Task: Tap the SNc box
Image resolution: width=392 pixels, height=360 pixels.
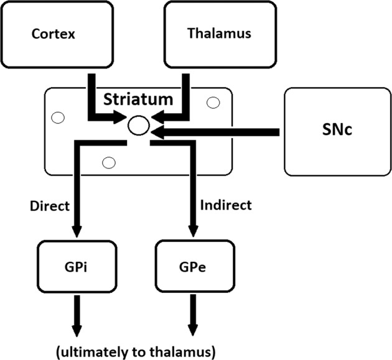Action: coord(337,131)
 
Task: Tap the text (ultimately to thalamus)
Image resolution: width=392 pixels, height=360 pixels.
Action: coord(136,351)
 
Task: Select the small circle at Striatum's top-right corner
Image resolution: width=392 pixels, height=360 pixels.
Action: coord(213,102)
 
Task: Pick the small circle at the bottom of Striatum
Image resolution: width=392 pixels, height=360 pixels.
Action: coord(109,164)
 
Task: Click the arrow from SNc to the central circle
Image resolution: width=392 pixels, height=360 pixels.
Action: coord(218,131)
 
